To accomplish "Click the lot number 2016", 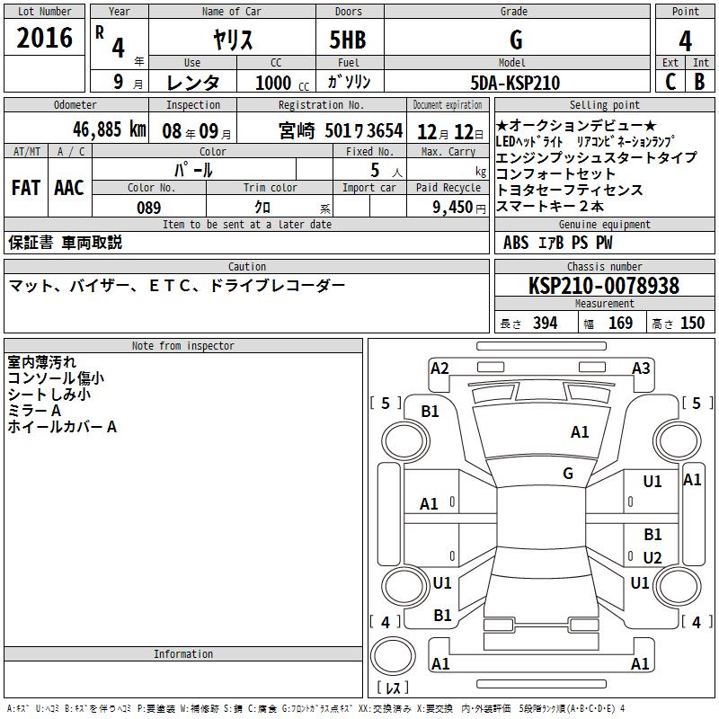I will click(x=45, y=38).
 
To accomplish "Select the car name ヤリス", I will click(x=233, y=40).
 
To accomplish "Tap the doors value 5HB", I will click(x=348, y=40).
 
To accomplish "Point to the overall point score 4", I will click(x=685, y=40).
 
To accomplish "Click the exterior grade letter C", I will click(x=670, y=82).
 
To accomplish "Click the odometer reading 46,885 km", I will click(x=97, y=129).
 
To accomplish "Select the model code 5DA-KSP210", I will click(x=516, y=83).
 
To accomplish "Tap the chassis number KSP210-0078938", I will click(x=604, y=286).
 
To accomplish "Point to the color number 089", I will click(x=149, y=208).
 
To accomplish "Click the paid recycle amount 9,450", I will click(x=452, y=208).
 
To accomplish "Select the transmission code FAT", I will click(x=25, y=188).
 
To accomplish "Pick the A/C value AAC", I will click(x=69, y=188).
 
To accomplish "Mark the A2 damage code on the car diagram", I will click(x=439, y=368).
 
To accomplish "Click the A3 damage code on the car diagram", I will click(x=641, y=368).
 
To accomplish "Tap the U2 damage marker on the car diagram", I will click(x=652, y=558).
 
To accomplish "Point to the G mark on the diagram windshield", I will click(x=568, y=474).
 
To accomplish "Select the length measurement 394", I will click(x=545, y=324).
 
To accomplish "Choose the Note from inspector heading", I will click(x=183, y=346).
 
